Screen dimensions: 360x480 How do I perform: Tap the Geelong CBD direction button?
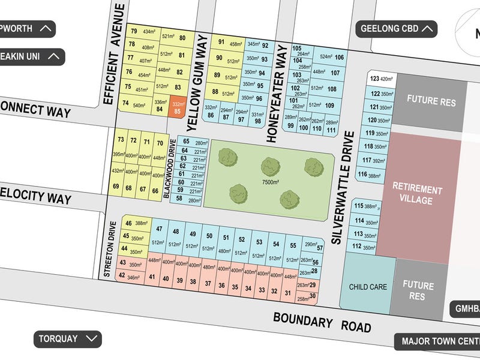397,28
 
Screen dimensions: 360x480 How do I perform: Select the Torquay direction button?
67,338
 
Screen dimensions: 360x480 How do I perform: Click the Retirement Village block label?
417,195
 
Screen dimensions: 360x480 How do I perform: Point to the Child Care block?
368,287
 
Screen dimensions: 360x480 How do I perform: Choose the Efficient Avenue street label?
118,54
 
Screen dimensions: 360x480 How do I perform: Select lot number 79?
134,31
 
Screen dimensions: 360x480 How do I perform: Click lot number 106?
340,58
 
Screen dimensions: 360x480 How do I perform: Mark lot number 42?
122,276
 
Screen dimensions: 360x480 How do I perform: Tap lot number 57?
320,248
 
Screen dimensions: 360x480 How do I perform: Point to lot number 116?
362,175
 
